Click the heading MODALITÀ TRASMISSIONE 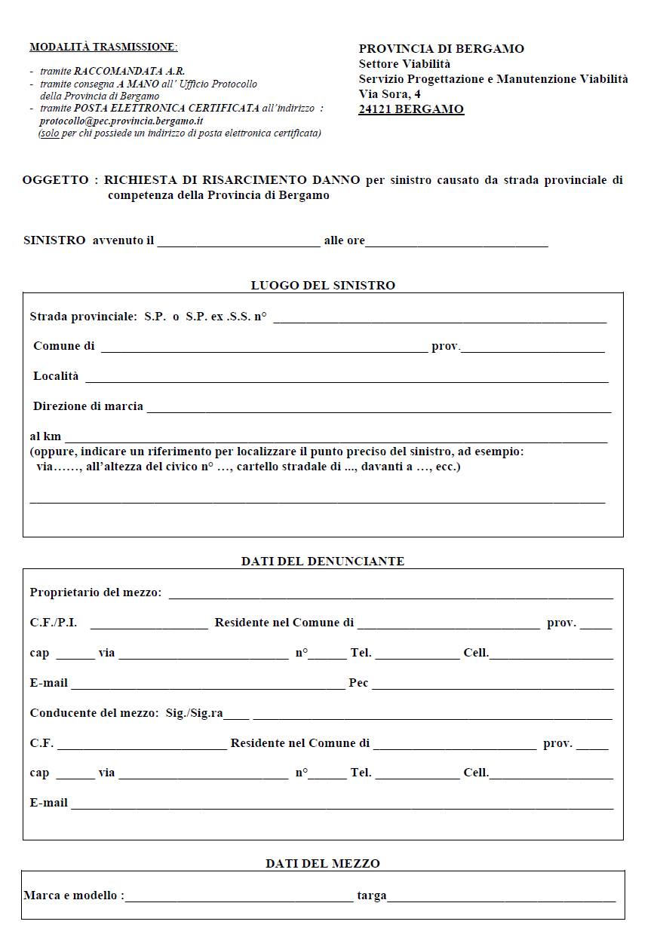tap(103, 47)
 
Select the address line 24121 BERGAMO tap(411, 109)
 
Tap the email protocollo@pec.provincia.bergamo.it tap(121, 121)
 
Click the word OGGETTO tap(55, 180)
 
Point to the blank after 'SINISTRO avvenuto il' tap(238, 242)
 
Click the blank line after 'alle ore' tap(456, 242)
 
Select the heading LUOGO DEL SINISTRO tap(323, 285)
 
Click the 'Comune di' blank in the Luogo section tap(264, 347)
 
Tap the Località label tap(56, 376)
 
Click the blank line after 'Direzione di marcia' tap(379, 408)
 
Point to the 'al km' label tap(45, 436)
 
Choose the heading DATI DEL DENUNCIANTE tap(323, 561)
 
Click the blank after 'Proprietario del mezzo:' tap(391, 594)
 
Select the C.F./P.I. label tap(53, 623)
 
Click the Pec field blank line tap(493, 684)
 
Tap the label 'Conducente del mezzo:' tap(95, 713)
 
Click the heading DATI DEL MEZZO tap(323, 863)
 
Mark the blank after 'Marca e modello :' tap(239, 897)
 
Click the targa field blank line tap(501, 897)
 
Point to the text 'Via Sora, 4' tap(390, 94)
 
